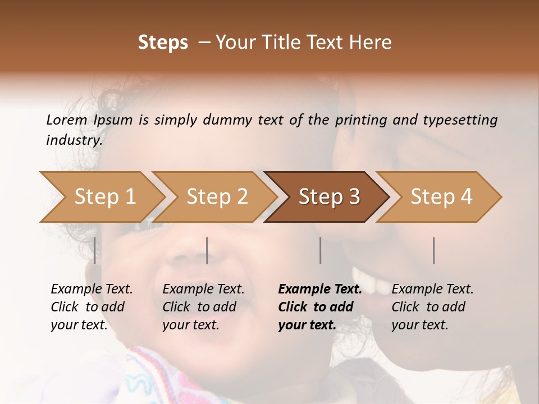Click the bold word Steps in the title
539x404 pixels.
163,43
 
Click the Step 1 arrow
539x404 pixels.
101,196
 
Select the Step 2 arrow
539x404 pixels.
216,196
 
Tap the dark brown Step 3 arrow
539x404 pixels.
328,196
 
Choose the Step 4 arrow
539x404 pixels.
441,196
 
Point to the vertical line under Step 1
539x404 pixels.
95,250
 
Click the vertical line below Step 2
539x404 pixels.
207,250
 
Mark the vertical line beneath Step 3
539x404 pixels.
321,250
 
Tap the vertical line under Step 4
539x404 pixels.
434,250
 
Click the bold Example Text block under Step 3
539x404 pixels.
319,307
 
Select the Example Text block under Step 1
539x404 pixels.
91,307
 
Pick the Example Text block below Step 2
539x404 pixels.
203,307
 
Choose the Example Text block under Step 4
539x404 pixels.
432,307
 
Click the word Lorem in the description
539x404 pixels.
67,120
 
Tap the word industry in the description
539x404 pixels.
74,140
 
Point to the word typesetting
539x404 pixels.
460,120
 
